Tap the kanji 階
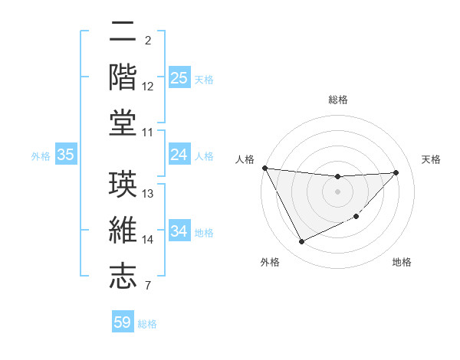pyautogui.click(x=123, y=77)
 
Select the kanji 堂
pyautogui.click(x=123, y=123)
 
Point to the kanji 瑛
pyautogui.click(x=123, y=183)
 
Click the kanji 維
pyautogui.click(x=123, y=229)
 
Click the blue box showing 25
pyautogui.click(x=179, y=78)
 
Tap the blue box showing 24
pyautogui.click(x=179, y=155)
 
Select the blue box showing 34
pyautogui.click(x=179, y=231)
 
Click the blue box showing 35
pyautogui.click(x=65, y=155)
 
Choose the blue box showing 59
pyautogui.click(x=123, y=322)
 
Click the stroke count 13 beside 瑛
pyautogui.click(x=149, y=194)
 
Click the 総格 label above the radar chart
pyautogui.click(x=338, y=100)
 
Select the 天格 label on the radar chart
pyautogui.click(x=432, y=159)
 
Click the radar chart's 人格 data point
pyautogui.click(x=264, y=168)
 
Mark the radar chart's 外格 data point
pyautogui.click(x=301, y=242)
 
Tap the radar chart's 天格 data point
pyautogui.click(x=396, y=172)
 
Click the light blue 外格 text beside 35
pyautogui.click(x=41, y=156)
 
